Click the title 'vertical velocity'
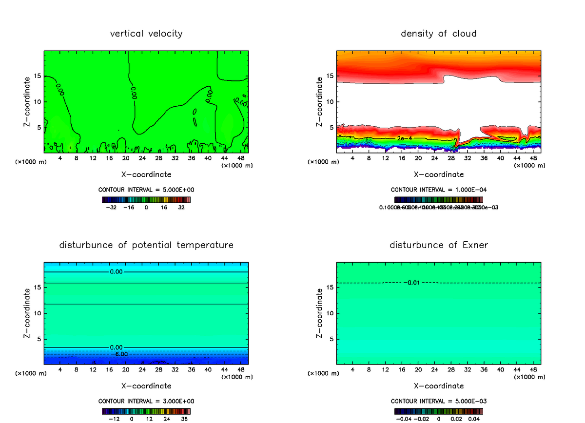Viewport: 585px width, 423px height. click(x=146, y=34)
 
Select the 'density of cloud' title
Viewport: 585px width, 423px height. click(x=438, y=34)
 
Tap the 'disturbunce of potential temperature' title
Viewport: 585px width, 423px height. click(x=146, y=245)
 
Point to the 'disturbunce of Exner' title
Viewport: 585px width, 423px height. click(x=438, y=245)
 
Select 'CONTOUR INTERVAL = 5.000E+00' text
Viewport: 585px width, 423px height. click(x=146, y=190)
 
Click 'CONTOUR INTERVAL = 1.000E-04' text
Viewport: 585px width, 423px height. click(x=438, y=190)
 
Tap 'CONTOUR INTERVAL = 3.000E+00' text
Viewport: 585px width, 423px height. click(x=146, y=401)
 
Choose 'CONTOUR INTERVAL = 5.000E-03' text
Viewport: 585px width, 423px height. click(x=438, y=401)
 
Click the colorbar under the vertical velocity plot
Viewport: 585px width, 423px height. click(x=146, y=200)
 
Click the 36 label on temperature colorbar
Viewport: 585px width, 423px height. click(x=184, y=419)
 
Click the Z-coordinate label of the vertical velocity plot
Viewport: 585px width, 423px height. click(x=28, y=102)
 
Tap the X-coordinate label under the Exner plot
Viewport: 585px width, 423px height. click(x=438, y=386)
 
